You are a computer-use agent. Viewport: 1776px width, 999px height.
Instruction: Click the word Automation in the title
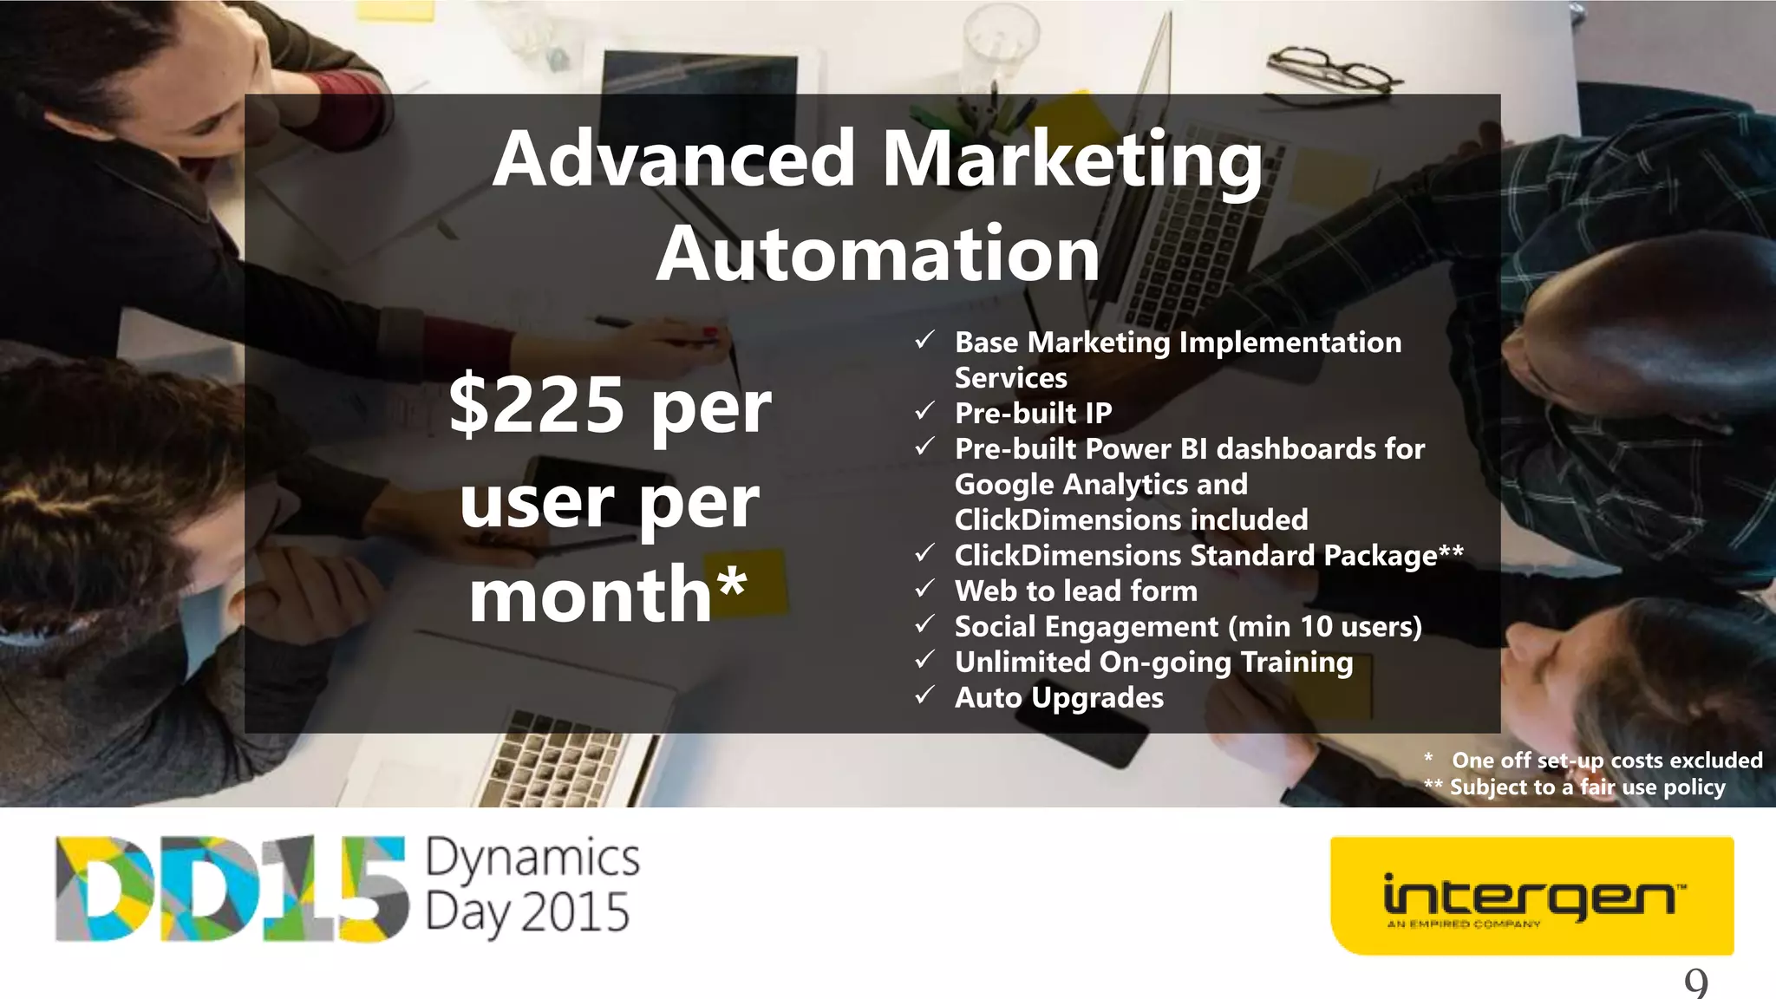point(878,254)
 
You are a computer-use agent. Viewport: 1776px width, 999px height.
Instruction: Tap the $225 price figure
point(537,405)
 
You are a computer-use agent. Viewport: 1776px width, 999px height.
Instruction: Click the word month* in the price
point(607,595)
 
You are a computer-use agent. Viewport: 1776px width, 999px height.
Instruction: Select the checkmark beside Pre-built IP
point(925,411)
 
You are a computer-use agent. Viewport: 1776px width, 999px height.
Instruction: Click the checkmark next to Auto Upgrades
point(925,695)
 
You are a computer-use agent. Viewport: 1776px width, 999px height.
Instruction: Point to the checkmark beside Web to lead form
point(925,589)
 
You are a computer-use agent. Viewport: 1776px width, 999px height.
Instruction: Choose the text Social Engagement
point(1086,627)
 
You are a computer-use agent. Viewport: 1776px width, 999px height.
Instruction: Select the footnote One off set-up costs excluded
point(1606,761)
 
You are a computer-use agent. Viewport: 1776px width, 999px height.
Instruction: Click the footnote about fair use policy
point(1587,787)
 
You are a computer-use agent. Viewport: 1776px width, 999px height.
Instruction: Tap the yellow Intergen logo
point(1531,896)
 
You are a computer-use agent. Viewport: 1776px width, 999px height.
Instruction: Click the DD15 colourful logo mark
point(231,888)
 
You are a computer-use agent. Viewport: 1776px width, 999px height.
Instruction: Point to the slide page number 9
point(1695,983)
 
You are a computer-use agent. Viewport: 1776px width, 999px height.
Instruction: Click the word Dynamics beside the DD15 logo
point(532,859)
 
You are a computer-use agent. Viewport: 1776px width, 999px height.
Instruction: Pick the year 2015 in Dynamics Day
point(576,912)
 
